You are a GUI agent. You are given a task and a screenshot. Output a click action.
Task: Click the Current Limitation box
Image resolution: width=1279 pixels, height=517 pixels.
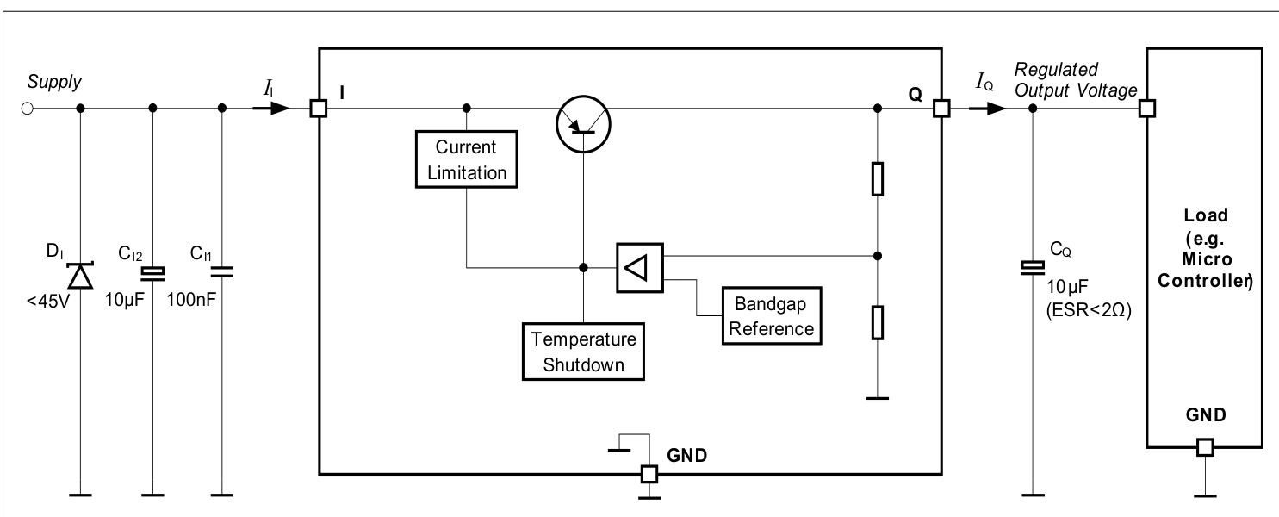click(x=466, y=158)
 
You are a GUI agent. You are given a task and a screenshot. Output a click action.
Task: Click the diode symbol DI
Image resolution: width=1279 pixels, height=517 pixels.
click(x=80, y=275)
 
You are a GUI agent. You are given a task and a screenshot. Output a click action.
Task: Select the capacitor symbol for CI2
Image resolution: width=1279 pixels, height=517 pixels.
click(x=152, y=273)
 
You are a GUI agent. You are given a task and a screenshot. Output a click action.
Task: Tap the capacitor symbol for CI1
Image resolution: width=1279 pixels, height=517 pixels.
click(x=222, y=273)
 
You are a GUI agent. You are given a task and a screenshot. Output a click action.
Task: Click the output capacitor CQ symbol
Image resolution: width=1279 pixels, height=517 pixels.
click(x=1033, y=269)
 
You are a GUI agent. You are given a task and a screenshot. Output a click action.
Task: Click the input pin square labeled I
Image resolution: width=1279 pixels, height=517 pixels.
click(x=319, y=109)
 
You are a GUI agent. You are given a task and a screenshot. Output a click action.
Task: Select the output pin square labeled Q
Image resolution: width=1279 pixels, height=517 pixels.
click(x=941, y=109)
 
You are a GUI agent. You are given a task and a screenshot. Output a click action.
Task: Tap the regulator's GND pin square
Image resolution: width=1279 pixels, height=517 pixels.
click(x=649, y=473)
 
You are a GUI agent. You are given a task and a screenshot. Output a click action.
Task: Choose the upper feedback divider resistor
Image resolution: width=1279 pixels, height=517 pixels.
click(x=877, y=178)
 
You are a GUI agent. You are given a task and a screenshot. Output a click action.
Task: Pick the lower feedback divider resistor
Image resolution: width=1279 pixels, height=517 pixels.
click(x=877, y=322)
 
